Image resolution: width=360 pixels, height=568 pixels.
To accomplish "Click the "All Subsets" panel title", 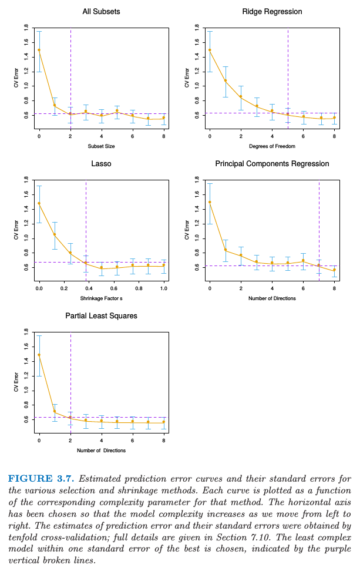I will [101, 12].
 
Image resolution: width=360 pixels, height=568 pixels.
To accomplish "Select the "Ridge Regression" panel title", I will [272, 12].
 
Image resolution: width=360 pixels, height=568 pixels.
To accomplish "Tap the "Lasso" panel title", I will [101, 164].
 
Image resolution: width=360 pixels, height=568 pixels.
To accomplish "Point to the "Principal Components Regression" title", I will [272, 164].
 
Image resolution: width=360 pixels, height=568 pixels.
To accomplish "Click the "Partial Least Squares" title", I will [101, 316].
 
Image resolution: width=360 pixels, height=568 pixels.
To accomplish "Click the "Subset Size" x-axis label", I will [101, 146].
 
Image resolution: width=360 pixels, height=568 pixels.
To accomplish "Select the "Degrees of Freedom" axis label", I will [272, 146].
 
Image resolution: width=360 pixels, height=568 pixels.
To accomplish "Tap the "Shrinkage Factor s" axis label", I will [101, 298].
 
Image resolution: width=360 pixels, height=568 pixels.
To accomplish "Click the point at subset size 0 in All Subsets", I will [39, 50].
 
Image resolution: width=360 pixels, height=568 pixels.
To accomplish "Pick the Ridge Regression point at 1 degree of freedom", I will [225, 81].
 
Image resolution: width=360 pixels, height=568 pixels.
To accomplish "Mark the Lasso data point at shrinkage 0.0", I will [39, 203].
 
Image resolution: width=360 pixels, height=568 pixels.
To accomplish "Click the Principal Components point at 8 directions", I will [334, 271].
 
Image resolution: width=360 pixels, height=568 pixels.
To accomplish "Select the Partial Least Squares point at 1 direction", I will [55, 412].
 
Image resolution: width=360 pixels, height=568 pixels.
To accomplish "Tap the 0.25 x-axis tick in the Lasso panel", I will [70, 290].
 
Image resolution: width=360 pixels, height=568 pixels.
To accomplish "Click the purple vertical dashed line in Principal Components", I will [319, 223].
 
